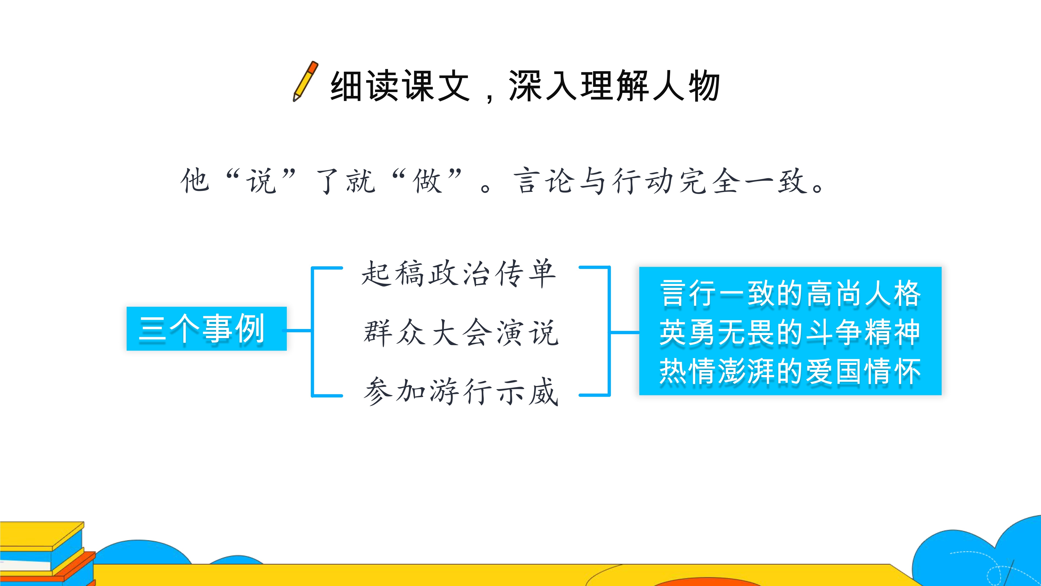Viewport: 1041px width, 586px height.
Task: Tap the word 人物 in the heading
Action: click(685, 86)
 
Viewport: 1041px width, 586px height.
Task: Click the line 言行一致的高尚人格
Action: click(790, 294)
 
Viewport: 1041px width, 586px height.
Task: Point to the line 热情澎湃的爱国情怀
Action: click(790, 371)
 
